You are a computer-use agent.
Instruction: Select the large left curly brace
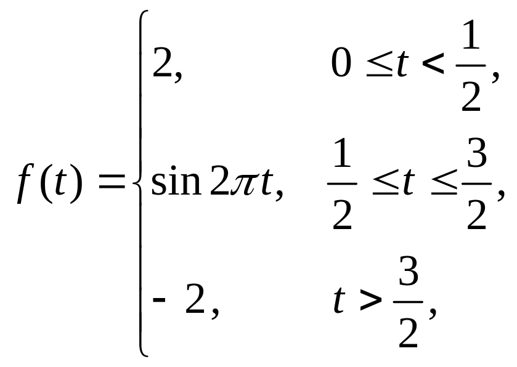[140, 183]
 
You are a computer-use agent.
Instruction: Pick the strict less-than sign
[434, 64]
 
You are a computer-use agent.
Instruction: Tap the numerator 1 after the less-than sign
[470, 42]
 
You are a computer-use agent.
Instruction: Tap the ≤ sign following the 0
[378, 65]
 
